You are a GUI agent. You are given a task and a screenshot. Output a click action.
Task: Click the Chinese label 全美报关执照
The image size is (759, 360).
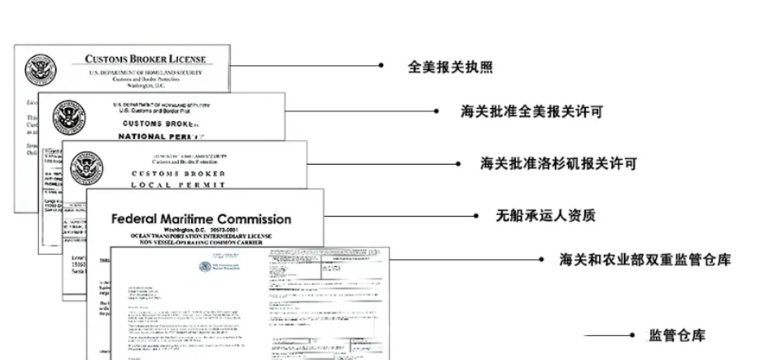tap(450, 67)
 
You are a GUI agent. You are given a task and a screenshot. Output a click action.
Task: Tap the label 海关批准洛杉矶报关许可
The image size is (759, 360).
tap(558, 164)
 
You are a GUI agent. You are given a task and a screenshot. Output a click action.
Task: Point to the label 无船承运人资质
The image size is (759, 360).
tap(545, 216)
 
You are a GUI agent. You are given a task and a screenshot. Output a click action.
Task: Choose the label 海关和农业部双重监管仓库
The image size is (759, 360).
tap(644, 259)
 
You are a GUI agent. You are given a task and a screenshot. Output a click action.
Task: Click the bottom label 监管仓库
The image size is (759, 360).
tap(677, 336)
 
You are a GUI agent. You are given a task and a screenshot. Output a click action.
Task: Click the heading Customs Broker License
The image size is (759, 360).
tap(145, 59)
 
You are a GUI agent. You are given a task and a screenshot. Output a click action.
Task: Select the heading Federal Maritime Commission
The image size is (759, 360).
tap(201, 220)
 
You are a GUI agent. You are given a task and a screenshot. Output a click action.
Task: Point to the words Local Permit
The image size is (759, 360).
tap(178, 185)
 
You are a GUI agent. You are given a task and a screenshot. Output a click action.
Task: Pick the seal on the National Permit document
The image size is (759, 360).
tap(68, 116)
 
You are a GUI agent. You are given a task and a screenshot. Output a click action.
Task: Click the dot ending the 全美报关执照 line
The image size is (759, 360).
tap(382, 66)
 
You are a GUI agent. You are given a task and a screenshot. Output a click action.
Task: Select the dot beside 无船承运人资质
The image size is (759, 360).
tap(476, 216)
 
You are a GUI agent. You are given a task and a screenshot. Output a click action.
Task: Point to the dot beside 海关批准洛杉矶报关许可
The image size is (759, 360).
tap(457, 164)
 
